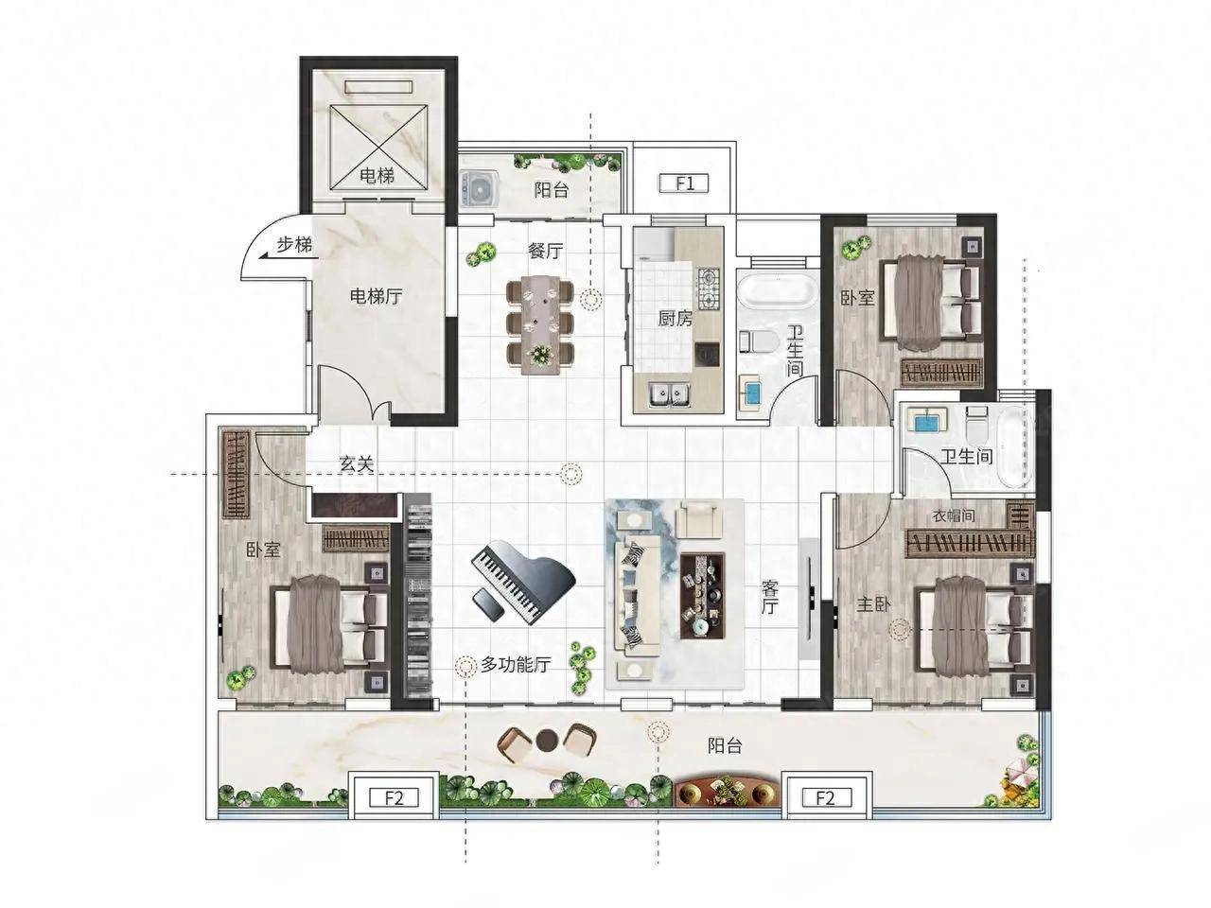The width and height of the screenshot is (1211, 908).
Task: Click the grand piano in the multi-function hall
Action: [x=521, y=583]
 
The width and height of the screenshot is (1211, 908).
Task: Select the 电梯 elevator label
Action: [x=377, y=175]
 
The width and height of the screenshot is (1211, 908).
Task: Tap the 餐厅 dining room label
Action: [x=545, y=251]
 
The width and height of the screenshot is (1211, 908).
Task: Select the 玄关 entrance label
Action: [x=357, y=463]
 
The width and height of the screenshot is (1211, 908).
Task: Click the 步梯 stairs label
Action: [x=294, y=244]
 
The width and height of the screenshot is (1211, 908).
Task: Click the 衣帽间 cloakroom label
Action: [x=953, y=515]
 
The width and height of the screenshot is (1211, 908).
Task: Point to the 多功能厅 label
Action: [x=516, y=665]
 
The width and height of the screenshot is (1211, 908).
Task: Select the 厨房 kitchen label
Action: [x=675, y=318]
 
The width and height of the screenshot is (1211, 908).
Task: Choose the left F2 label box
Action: [x=394, y=797]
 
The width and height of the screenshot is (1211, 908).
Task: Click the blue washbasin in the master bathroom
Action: [x=926, y=423]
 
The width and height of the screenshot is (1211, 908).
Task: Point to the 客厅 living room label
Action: [x=768, y=597]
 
